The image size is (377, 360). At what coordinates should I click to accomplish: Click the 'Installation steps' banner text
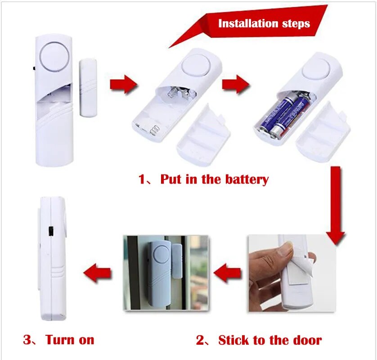264,23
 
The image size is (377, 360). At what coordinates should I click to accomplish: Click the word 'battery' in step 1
247,180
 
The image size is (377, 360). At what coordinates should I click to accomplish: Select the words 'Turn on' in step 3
70,340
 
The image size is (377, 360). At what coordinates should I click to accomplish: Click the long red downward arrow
336,206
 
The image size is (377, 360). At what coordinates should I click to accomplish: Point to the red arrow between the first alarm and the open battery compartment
124,84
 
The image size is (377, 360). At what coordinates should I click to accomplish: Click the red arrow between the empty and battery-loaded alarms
236,84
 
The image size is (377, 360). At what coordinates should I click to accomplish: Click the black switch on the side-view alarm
50,231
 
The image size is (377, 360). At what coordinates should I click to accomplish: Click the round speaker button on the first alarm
54,57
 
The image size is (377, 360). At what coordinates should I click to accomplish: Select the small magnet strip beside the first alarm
88,87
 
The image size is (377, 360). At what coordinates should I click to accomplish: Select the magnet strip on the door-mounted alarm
177,261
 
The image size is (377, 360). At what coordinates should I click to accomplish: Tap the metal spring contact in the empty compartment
154,131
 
